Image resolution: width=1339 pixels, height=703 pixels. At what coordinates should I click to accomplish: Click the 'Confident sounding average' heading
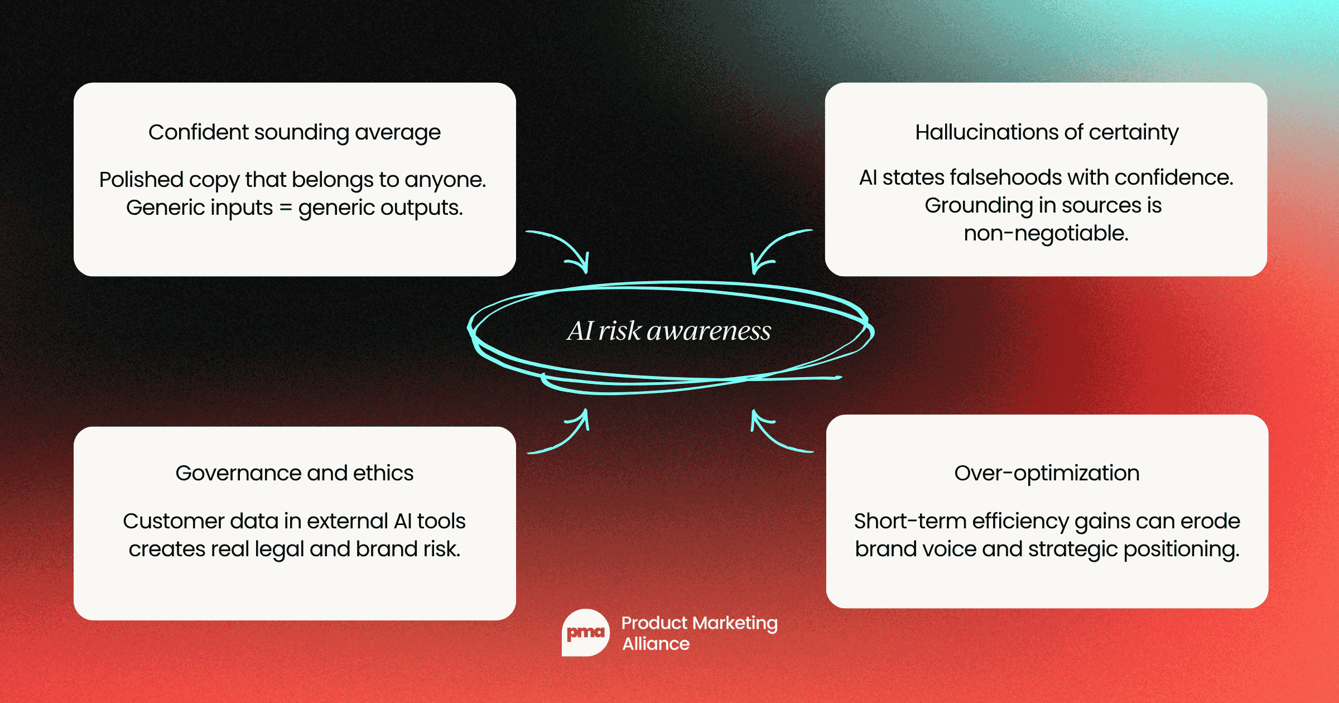click(294, 133)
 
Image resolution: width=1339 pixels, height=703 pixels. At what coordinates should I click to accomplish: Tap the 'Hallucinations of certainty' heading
click(1047, 133)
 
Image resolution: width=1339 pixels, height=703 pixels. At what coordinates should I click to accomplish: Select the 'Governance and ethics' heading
click(294, 473)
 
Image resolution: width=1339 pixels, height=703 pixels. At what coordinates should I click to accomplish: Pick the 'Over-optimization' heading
click(1047, 473)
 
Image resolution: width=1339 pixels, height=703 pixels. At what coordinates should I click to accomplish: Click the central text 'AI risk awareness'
click(669, 331)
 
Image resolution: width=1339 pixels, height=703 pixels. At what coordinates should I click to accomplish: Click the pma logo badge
click(585, 633)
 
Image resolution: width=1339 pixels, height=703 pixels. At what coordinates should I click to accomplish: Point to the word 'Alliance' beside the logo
click(656, 644)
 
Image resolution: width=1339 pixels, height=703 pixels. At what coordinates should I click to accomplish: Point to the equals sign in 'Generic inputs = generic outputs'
click(286, 208)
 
